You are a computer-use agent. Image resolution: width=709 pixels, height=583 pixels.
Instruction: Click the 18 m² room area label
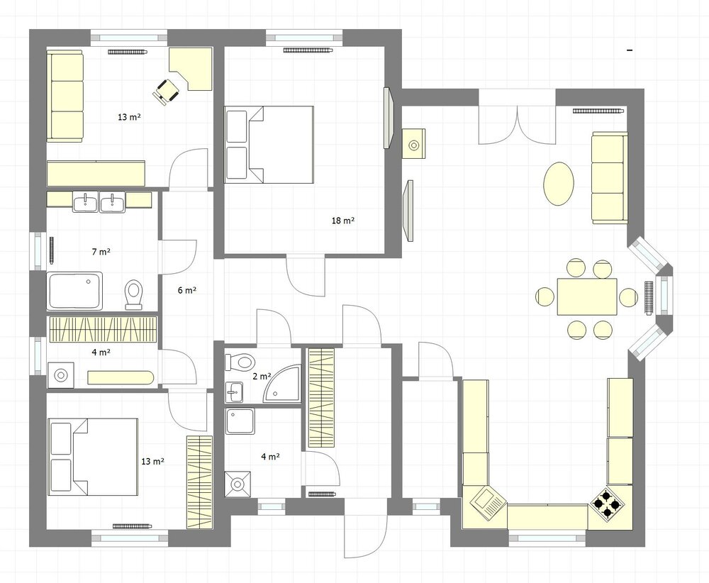pos(342,221)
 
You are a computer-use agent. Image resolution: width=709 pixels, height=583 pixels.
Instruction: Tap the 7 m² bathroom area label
pos(101,252)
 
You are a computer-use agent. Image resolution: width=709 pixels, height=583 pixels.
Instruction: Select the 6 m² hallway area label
pos(186,290)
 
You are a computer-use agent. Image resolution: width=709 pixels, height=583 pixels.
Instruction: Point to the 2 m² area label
pos(262,377)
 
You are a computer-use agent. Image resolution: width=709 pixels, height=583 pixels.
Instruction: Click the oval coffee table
pos(559,184)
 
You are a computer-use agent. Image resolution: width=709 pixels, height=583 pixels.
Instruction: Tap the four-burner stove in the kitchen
pos(608,502)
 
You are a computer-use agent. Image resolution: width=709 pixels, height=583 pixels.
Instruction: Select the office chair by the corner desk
pos(165,91)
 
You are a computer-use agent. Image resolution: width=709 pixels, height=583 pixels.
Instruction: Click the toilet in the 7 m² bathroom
pos(133,295)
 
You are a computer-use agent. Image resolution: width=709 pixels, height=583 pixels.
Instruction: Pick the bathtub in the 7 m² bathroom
pos(74,291)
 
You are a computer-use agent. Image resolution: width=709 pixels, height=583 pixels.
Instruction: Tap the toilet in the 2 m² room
pos(240,362)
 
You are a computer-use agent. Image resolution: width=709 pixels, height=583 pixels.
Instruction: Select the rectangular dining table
pos(587,297)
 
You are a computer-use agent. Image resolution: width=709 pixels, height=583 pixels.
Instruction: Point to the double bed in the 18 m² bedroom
pos(269,145)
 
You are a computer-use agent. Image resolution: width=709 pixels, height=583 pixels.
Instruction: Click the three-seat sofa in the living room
pos(610,178)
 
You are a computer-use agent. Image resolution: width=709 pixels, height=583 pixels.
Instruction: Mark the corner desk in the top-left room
pos(191,70)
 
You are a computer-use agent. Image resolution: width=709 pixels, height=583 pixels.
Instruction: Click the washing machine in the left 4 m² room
pos(60,375)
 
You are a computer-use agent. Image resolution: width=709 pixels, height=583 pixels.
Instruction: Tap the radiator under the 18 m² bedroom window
pos(308,50)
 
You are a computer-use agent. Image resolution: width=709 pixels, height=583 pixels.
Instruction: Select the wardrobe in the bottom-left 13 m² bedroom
pos(199,482)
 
